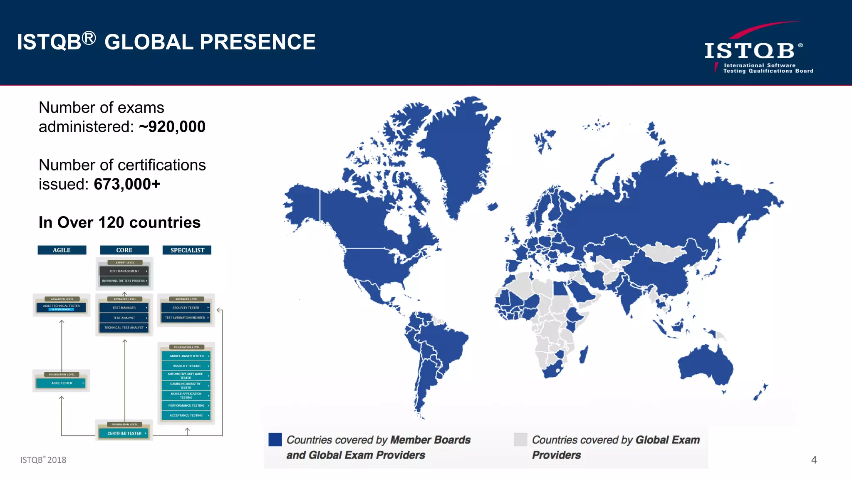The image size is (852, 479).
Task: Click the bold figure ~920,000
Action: (x=172, y=127)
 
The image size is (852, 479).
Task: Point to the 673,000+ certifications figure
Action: (x=127, y=184)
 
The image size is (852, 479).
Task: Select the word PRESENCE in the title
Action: (x=258, y=42)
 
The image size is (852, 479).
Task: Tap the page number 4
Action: (x=814, y=459)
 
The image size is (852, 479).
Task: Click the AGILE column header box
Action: (x=62, y=250)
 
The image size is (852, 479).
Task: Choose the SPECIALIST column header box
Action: (x=187, y=250)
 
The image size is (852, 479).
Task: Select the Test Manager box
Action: (x=124, y=308)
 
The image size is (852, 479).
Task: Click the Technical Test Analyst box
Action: (x=124, y=328)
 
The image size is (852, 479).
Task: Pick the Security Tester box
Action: (x=186, y=308)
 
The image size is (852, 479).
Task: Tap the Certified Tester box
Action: (x=124, y=433)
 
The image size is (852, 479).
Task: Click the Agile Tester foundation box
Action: (x=62, y=383)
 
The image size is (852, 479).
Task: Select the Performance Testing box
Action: (x=186, y=405)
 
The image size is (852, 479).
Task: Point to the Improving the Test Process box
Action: (x=124, y=281)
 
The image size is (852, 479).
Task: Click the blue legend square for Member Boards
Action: (x=275, y=439)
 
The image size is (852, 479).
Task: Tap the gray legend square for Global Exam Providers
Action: (x=520, y=439)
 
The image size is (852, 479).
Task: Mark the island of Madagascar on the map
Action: (x=584, y=355)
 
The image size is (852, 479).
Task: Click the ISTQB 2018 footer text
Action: (x=43, y=460)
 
